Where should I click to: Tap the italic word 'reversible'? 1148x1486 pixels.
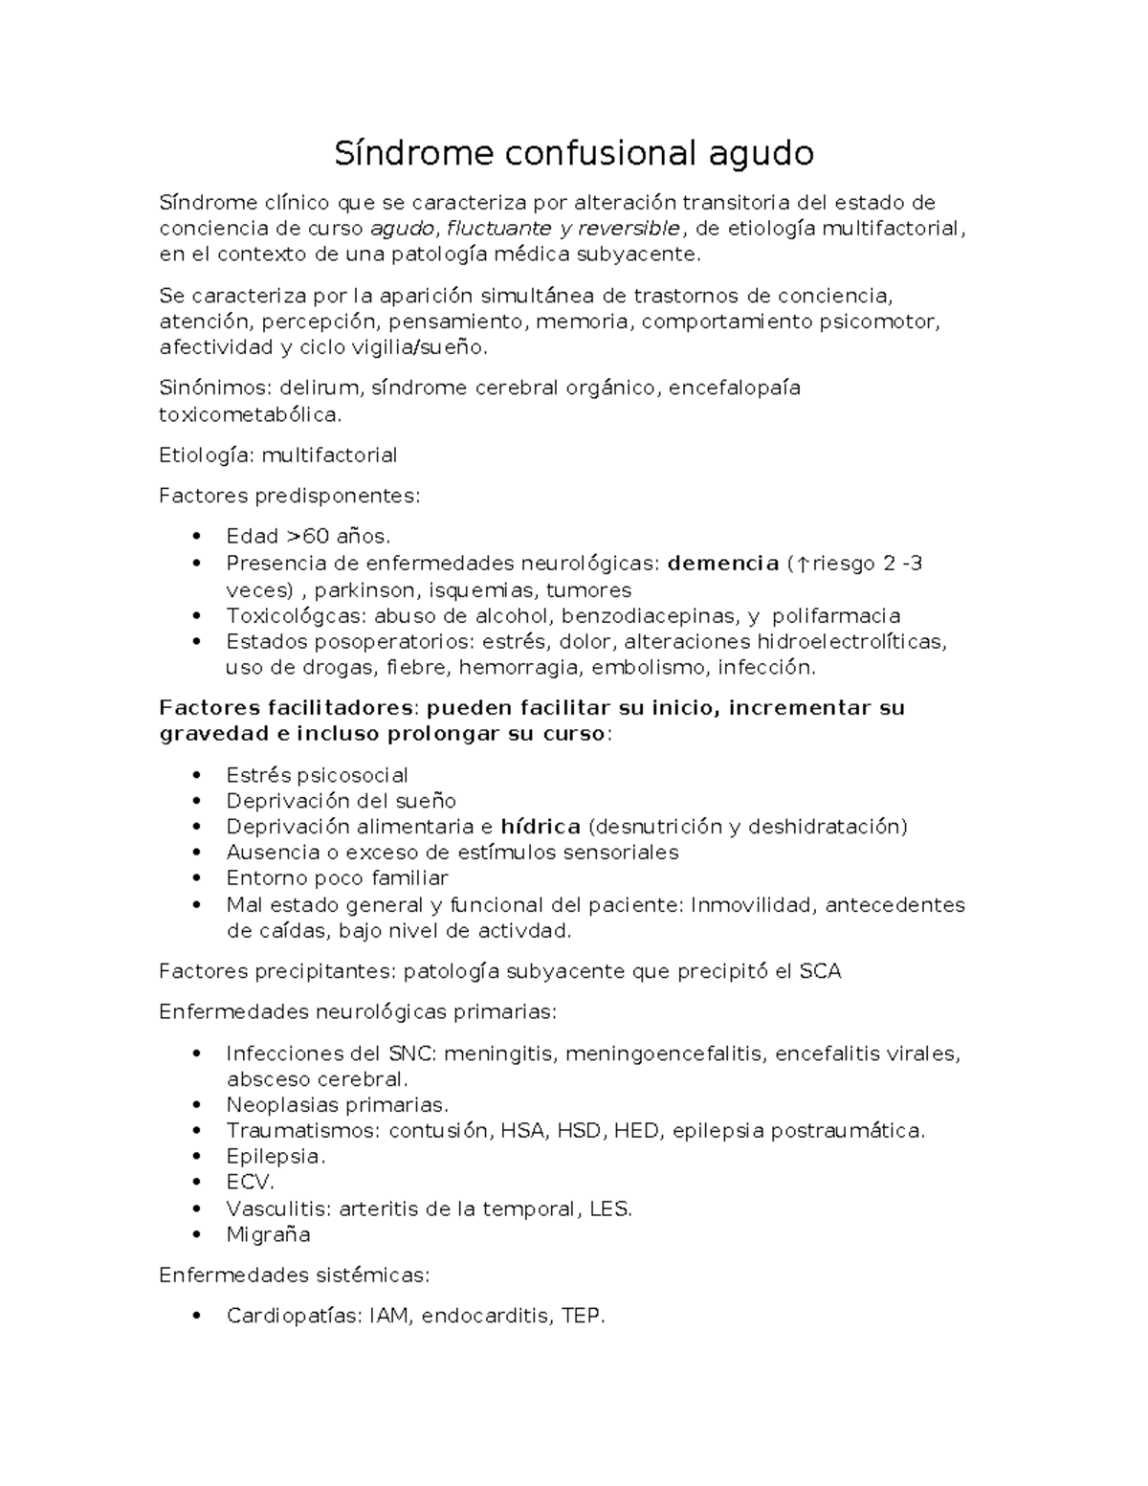(630, 228)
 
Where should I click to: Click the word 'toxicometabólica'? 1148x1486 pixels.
(249, 414)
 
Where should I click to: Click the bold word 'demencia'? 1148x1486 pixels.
(723, 563)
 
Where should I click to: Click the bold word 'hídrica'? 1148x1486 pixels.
(541, 826)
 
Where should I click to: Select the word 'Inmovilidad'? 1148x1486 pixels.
(750, 904)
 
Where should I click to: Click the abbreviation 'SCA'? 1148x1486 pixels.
(820, 971)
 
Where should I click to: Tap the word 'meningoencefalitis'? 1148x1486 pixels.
(665, 1054)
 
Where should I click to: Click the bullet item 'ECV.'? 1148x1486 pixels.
(250, 1182)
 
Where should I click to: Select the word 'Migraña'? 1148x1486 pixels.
(268, 1234)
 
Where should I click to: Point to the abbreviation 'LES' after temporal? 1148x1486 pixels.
(610, 1209)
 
